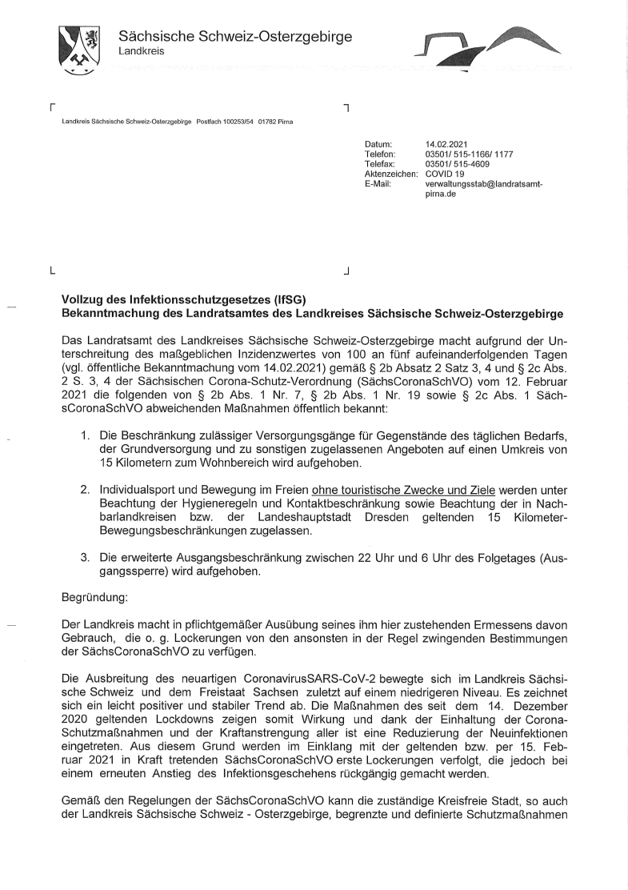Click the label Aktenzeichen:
(391, 173)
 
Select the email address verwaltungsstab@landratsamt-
(484, 183)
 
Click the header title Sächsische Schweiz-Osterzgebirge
(234, 37)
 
